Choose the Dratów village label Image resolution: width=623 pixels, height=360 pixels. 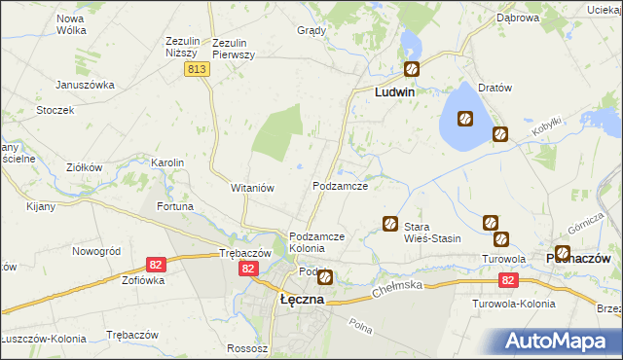(495, 88)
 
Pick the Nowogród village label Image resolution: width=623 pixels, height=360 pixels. (95, 251)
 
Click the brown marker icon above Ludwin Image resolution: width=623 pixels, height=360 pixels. (412, 69)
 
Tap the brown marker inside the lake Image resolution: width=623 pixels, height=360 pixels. (465, 119)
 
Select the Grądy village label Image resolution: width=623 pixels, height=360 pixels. (311, 30)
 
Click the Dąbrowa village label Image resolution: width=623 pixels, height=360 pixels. (518, 18)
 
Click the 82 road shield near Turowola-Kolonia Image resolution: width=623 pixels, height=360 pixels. (507, 280)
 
